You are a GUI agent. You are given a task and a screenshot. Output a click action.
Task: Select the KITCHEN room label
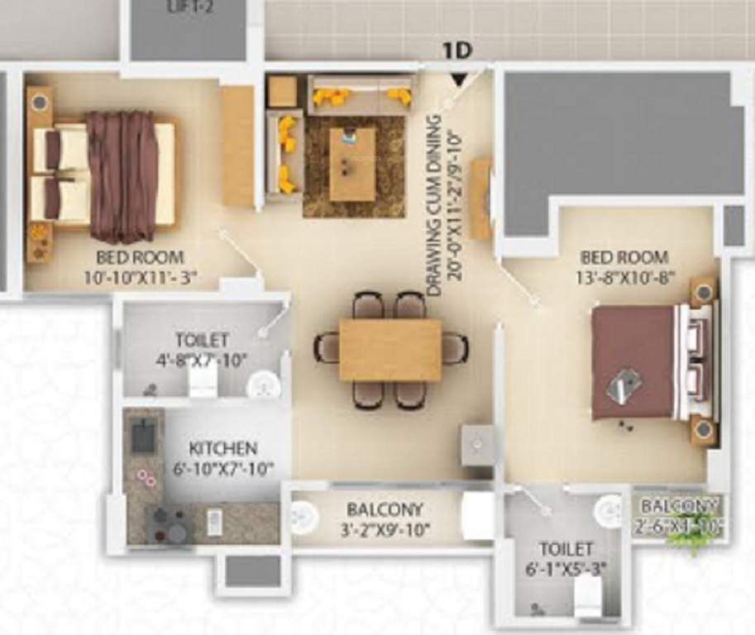(x=222, y=449)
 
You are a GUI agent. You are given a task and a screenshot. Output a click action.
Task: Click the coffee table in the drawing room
(x=352, y=164)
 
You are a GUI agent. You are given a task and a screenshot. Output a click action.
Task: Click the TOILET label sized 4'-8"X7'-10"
(x=202, y=340)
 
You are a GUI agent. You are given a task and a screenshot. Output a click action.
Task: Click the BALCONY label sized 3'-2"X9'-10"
(x=385, y=509)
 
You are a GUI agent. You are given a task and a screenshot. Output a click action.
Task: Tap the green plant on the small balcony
(x=689, y=537)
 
